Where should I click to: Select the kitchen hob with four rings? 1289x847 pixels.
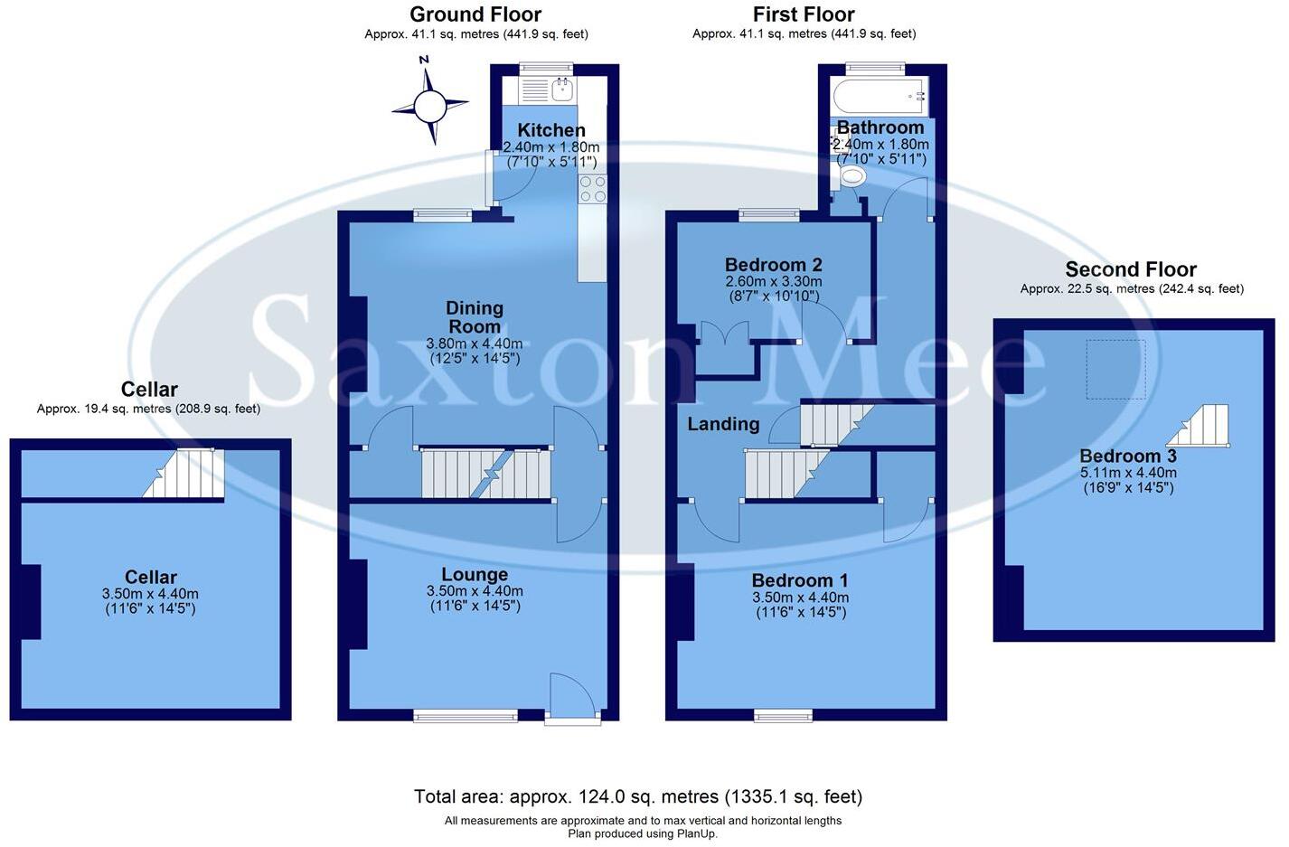(593, 188)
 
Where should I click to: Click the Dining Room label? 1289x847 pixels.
(475, 317)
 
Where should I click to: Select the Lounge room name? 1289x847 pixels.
(475, 575)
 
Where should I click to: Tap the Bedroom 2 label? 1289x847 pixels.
(773, 265)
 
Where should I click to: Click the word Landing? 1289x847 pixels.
(723, 424)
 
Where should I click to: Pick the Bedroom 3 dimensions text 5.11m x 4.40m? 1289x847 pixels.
(1128, 473)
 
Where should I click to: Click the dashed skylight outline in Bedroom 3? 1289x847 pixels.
(1115, 369)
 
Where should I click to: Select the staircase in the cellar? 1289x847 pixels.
(184, 473)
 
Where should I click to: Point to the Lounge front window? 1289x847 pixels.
(466, 716)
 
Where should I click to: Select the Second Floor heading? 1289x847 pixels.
(1131, 269)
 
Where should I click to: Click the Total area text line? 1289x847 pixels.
(638, 796)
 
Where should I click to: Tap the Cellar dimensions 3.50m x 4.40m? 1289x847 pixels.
(150, 594)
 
